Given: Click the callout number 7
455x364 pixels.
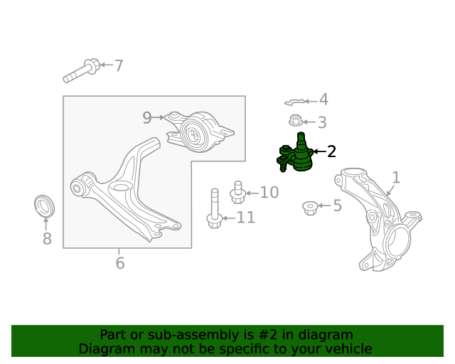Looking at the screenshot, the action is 119,65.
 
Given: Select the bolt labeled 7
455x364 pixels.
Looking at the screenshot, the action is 82,70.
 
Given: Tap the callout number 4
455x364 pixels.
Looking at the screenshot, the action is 323,100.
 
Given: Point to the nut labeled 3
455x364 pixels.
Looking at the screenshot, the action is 296,120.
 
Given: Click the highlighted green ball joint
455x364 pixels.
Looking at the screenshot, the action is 296,154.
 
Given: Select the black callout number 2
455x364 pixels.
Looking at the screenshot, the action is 331,151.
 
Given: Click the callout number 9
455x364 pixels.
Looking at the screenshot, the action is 147,117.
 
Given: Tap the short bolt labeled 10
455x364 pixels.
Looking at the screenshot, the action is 238,192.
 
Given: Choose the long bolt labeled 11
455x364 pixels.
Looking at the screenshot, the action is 215,208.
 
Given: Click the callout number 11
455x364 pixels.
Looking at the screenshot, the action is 246,218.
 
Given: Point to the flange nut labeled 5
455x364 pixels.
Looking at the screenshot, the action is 310,208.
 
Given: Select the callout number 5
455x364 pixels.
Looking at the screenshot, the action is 337,205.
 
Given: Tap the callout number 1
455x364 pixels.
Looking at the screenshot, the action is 397,177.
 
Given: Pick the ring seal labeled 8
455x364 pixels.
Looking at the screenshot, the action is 44,205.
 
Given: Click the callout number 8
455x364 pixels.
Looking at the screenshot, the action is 47,239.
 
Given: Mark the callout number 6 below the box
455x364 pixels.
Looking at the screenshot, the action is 120,263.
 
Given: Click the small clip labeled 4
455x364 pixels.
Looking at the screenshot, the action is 294,102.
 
